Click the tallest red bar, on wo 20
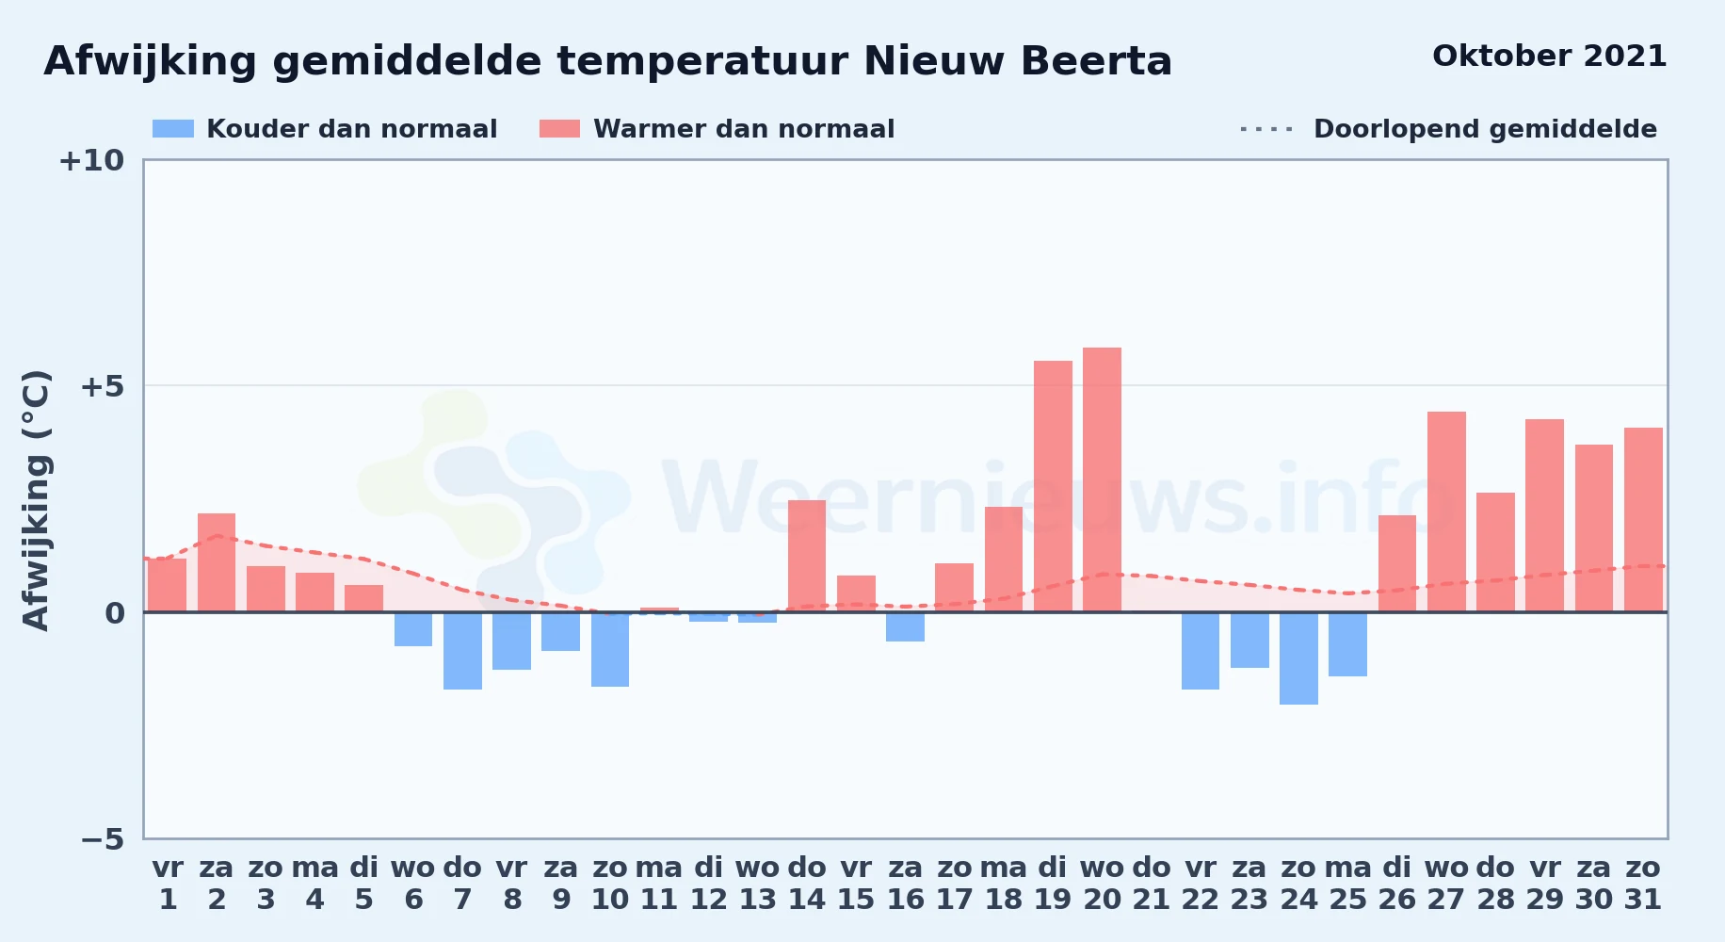pyautogui.click(x=1102, y=479)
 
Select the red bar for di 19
pyautogui.click(x=1053, y=486)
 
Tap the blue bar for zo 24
pyautogui.click(x=1298, y=658)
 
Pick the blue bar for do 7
pyautogui.click(x=462, y=651)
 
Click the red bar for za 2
pyautogui.click(x=217, y=562)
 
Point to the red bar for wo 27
pyautogui.click(x=1446, y=512)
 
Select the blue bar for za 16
pyautogui.click(x=905, y=626)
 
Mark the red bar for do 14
pyautogui.click(x=807, y=556)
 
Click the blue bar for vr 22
pyautogui.click(x=1201, y=651)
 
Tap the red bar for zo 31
pyautogui.click(x=1643, y=520)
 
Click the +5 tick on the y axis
pyautogui.click(x=102, y=386)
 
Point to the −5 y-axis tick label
pyautogui.click(x=102, y=839)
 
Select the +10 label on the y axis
pyautogui.click(x=91, y=160)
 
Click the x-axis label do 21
pyautogui.click(x=1152, y=884)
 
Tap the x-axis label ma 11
pyautogui.click(x=659, y=884)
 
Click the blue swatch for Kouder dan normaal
pyautogui.click(x=173, y=129)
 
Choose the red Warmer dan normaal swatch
pyautogui.click(x=559, y=129)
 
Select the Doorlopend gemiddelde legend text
pyautogui.click(x=1485, y=129)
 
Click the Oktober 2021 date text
pyautogui.click(x=1549, y=57)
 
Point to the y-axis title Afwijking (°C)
pyautogui.click(x=36, y=499)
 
